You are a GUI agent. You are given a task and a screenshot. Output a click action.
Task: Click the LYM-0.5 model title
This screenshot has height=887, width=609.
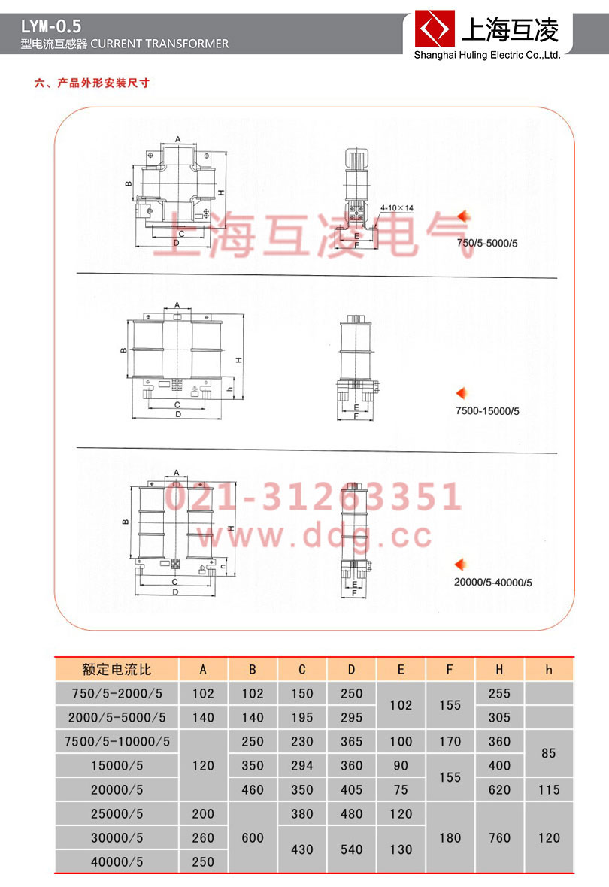click(52, 26)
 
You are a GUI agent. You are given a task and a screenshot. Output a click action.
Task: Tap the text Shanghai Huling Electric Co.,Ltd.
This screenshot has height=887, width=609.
click(487, 55)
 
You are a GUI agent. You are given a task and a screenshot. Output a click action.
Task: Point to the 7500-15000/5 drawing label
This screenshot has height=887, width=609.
click(487, 411)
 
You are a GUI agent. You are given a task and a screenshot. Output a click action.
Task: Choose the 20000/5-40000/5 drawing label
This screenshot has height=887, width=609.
click(493, 582)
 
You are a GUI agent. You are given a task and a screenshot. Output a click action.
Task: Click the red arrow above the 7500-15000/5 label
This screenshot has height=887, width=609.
click(463, 392)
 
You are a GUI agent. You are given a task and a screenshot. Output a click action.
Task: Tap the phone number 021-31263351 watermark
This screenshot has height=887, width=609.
click(314, 497)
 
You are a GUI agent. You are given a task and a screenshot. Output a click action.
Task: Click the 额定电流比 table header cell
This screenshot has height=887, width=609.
click(117, 669)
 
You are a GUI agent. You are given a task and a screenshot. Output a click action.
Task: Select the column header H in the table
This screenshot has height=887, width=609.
click(499, 669)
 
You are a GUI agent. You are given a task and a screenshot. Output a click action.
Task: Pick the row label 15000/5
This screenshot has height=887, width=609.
click(117, 765)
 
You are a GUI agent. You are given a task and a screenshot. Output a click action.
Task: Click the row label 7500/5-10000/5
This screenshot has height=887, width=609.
click(117, 741)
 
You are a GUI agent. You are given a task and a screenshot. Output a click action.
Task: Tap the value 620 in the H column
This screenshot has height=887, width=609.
click(499, 789)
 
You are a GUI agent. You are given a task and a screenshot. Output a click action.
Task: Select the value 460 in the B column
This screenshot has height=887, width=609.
click(253, 789)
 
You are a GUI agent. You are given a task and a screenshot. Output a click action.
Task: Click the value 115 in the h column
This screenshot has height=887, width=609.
click(549, 789)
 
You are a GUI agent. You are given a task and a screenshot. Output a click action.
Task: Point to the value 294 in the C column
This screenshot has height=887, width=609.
click(302, 765)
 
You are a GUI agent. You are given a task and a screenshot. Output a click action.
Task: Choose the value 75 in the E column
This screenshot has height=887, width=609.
click(401, 789)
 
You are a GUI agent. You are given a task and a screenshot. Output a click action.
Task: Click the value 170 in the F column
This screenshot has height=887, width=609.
click(450, 741)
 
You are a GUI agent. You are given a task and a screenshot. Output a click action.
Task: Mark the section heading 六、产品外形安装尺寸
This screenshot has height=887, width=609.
click(92, 83)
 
